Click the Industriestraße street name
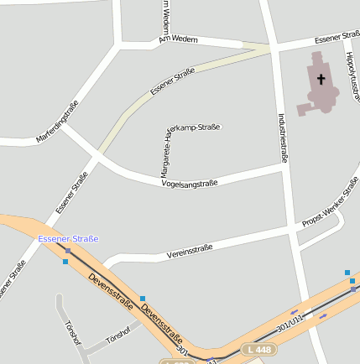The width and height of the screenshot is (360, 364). click(x=283, y=138)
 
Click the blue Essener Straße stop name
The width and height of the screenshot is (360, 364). click(x=68, y=239)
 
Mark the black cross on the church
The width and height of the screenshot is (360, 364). click(x=321, y=80)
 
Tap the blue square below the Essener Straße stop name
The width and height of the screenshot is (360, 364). click(x=65, y=262)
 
